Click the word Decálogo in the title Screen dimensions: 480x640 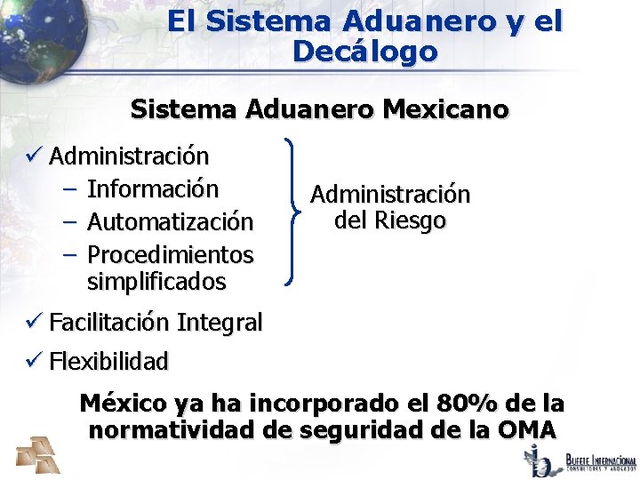tap(364, 52)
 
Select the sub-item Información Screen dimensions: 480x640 tap(152, 188)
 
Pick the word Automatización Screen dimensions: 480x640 tap(170, 221)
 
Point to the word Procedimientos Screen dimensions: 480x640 tap(170, 254)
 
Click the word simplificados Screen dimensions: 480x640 tap(156, 283)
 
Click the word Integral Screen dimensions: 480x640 tap(220, 322)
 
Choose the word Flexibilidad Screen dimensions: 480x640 tap(108, 361)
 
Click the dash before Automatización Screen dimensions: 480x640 tap(72, 221)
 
